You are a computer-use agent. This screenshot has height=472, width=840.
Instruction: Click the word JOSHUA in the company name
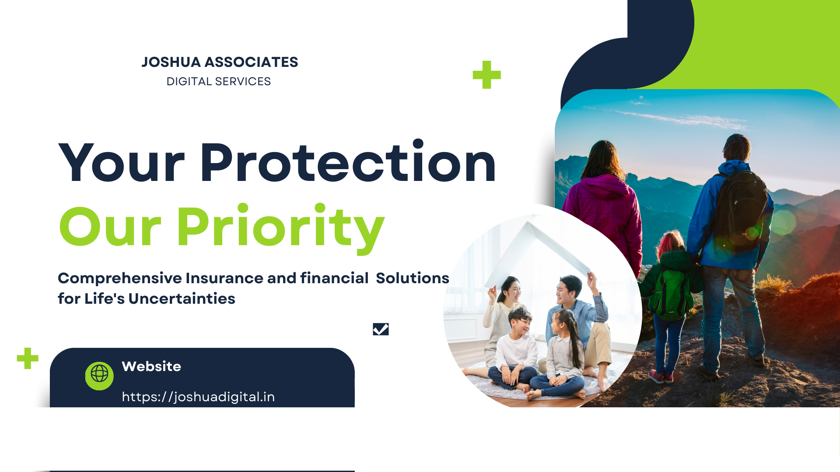pos(171,62)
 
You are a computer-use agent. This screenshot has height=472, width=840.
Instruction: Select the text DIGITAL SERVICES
pos(219,82)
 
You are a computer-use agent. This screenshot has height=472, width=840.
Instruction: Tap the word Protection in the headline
pos(348,162)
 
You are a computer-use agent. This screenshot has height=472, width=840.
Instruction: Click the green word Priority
pos(280,227)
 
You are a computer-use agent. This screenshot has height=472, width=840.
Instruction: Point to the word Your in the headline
pos(122,162)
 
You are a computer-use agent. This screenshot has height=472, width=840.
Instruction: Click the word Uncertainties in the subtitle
pos(182,298)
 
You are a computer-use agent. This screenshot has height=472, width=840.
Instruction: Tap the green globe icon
pos(99,375)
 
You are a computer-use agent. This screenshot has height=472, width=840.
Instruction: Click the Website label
pos(151,366)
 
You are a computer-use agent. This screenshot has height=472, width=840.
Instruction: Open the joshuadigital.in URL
pos(198,397)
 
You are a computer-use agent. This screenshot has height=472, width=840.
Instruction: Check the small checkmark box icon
pos(381,329)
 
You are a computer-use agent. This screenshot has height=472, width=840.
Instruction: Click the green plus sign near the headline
pos(487,75)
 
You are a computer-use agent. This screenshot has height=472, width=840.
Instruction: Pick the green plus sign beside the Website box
pos(28,358)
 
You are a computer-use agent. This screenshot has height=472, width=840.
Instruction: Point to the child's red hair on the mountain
pos(670,243)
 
